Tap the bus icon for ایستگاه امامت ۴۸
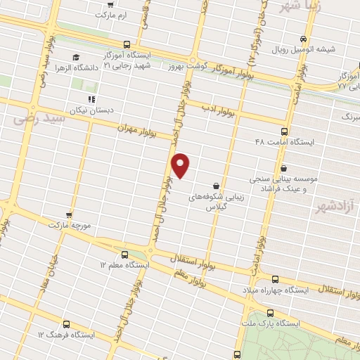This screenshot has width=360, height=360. [x=284, y=131]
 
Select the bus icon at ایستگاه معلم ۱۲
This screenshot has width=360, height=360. [x=124, y=255]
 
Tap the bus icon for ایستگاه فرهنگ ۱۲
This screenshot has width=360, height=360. [x=66, y=324]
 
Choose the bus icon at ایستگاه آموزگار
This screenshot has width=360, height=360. [x=126, y=44]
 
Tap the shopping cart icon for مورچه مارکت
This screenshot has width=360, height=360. [x=69, y=214]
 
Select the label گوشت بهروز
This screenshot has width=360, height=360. [x=184, y=65]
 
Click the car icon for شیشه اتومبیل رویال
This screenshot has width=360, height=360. [x=303, y=39]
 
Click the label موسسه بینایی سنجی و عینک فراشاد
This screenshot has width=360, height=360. [x=289, y=184]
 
